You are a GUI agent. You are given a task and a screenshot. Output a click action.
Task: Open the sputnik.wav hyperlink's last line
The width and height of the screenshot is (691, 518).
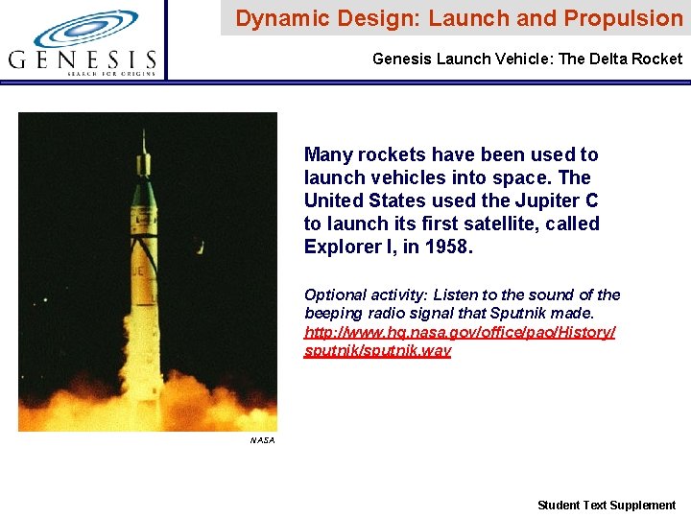tap(377, 350)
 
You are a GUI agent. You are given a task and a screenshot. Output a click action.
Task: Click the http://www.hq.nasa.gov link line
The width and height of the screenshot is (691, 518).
tap(460, 332)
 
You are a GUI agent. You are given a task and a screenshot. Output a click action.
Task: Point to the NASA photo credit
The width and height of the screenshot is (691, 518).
tap(262, 440)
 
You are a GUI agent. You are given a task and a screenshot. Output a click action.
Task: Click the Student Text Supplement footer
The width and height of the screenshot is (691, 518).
tap(606, 505)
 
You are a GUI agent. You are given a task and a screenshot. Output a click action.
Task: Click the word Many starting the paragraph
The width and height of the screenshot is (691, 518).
tap(326, 154)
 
